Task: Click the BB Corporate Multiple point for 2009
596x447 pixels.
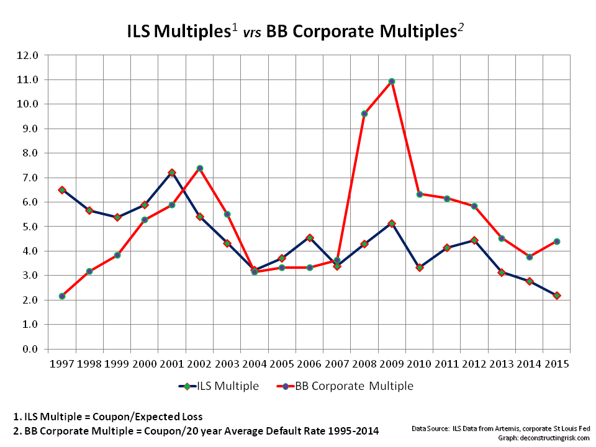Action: click(x=392, y=81)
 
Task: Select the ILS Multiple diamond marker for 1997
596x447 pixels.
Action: click(x=62, y=190)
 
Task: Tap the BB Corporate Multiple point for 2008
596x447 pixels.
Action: click(x=364, y=114)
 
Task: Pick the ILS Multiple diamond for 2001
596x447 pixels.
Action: click(x=172, y=173)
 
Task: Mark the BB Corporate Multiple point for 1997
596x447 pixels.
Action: click(x=62, y=296)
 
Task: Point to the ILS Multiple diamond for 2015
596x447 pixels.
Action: click(x=557, y=296)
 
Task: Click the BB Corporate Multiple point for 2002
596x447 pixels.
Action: click(x=200, y=168)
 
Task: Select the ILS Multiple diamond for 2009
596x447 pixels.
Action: click(x=392, y=223)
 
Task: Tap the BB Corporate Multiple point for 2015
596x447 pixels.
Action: click(x=557, y=242)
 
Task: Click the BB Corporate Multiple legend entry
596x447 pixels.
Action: click(x=344, y=386)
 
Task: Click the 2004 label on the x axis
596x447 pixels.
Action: click(x=255, y=363)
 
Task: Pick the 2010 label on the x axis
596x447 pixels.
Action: click(x=419, y=363)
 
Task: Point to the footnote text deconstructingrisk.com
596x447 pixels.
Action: click(x=555, y=437)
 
